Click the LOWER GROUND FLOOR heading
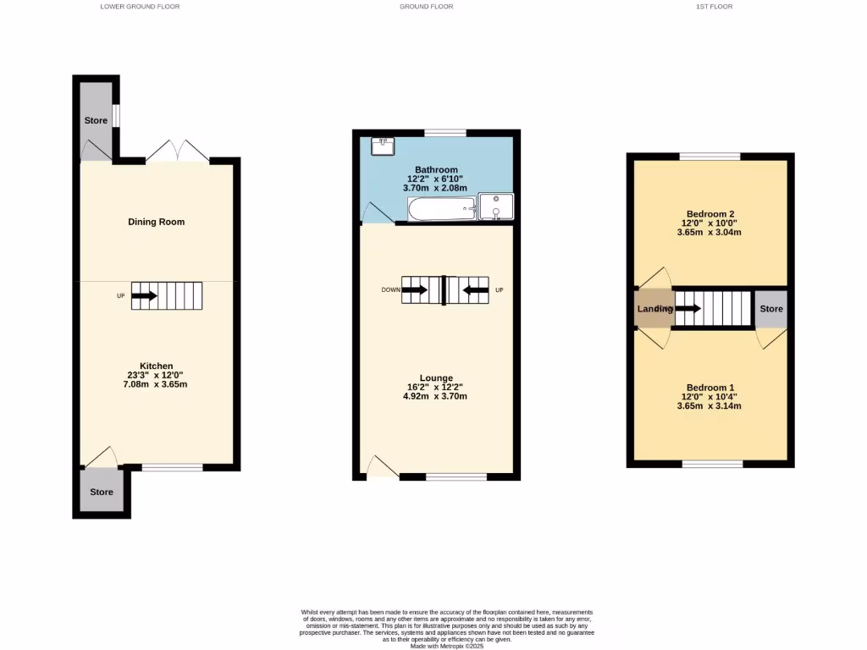pos(140,6)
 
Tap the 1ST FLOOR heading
pos(714,6)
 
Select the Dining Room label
pos(156,222)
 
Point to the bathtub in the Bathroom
pos(441,207)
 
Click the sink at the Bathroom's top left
pos(383,147)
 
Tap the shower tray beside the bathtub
pos(496,205)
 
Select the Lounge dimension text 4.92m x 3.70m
pos(436,396)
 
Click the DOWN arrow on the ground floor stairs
pos(415,290)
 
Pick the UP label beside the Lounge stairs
pos(499,290)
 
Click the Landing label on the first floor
pos(654,309)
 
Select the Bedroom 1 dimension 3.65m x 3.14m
pos(710,405)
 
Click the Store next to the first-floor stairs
pos(770,309)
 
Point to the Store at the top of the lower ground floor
pos(96,120)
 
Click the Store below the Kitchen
pos(102,492)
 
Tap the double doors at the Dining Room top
pos(177,151)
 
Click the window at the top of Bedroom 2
pos(710,156)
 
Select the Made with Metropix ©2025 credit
pos(447,645)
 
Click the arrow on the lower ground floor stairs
pos(145,296)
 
